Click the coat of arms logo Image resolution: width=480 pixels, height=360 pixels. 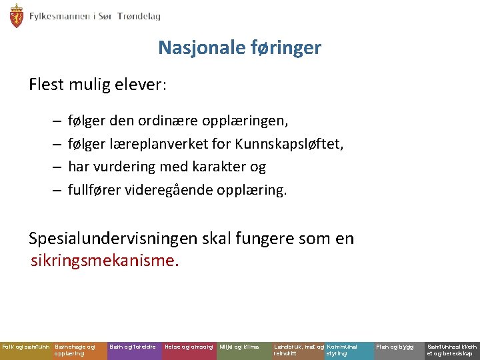pyautogui.click(x=16, y=15)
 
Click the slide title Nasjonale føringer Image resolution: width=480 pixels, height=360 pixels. pyautogui.click(x=239, y=48)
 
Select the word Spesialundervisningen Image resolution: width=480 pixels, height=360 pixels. pyautogui.click(x=111, y=238)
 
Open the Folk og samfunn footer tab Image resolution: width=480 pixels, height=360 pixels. pyautogui.click(x=26, y=347)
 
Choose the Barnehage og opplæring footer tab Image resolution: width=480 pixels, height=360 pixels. pyautogui.click(x=79, y=350)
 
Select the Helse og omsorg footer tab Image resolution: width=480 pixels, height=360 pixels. pyautogui.click(x=189, y=347)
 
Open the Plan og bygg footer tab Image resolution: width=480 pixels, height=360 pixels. pyautogui.click(x=395, y=347)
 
